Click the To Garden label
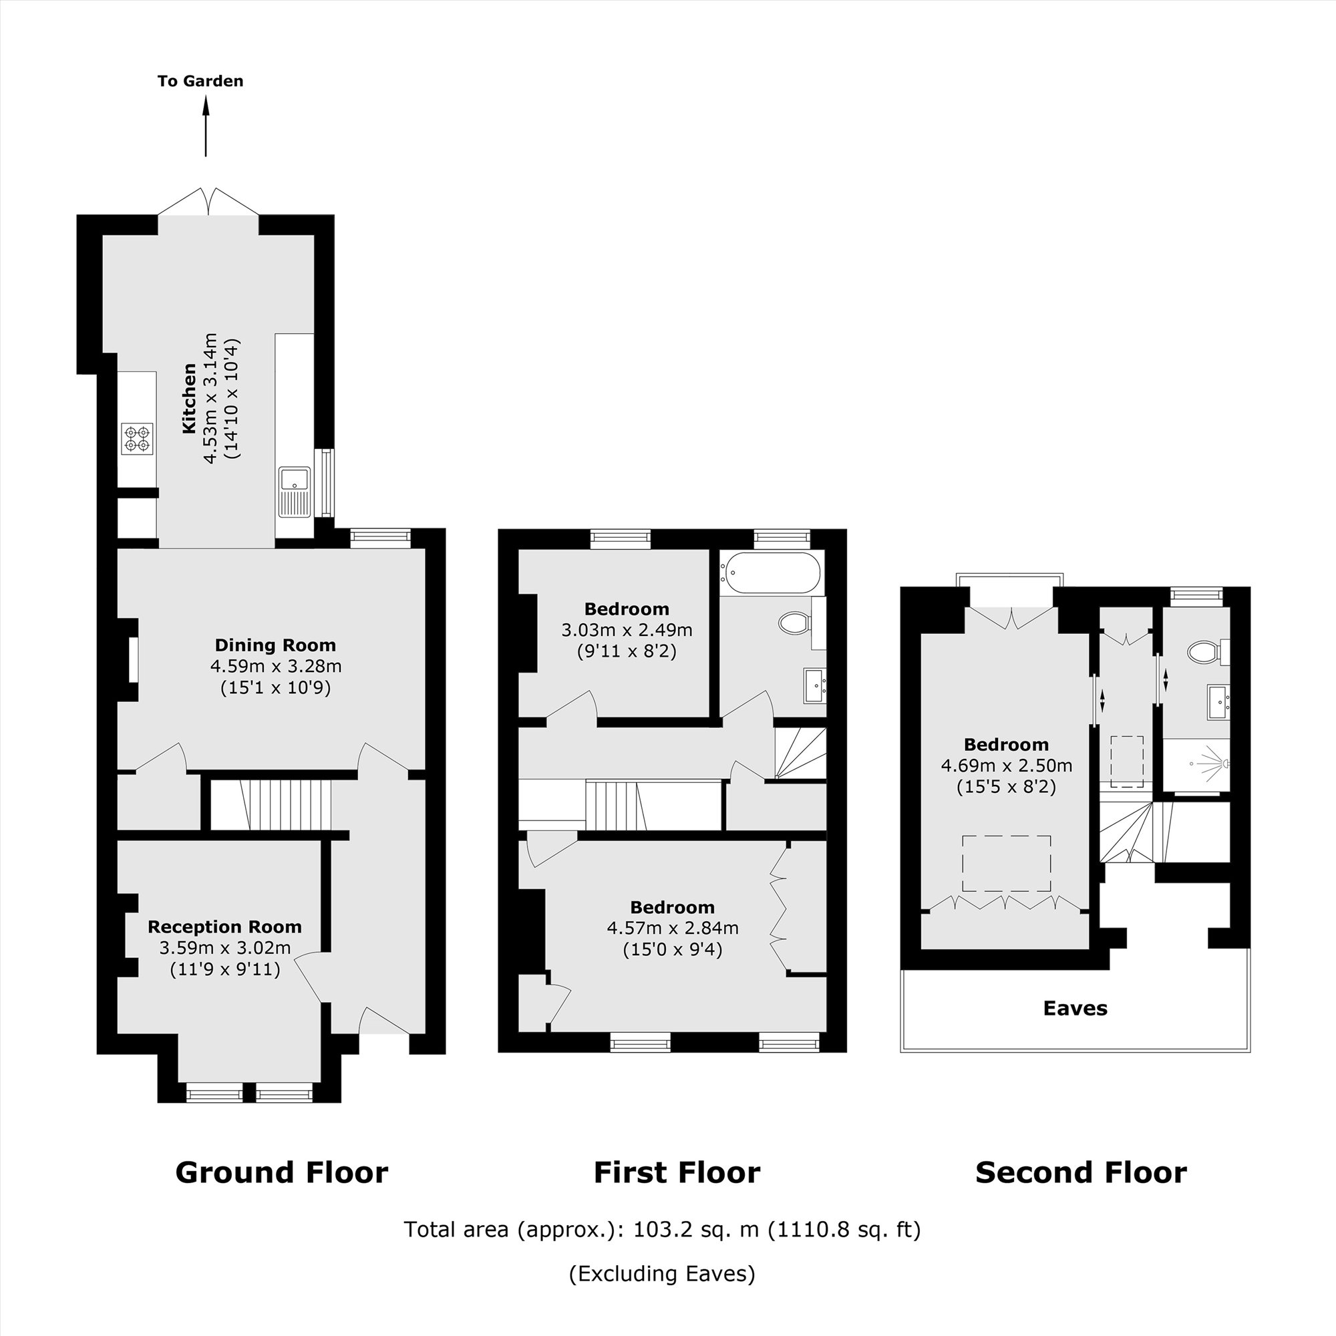coord(200,81)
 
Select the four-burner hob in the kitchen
coord(136,438)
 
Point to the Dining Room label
coord(275,645)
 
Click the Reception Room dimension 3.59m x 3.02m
coord(224,947)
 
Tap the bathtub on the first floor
coord(771,572)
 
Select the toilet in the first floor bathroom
coord(794,623)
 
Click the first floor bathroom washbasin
coord(814,685)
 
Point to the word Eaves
coord(1075,1008)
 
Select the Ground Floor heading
coord(281,1173)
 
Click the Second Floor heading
coord(1080,1173)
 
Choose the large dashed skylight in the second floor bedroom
coord(1006,863)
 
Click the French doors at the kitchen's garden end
coord(208,202)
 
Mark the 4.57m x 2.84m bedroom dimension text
coord(672,928)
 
